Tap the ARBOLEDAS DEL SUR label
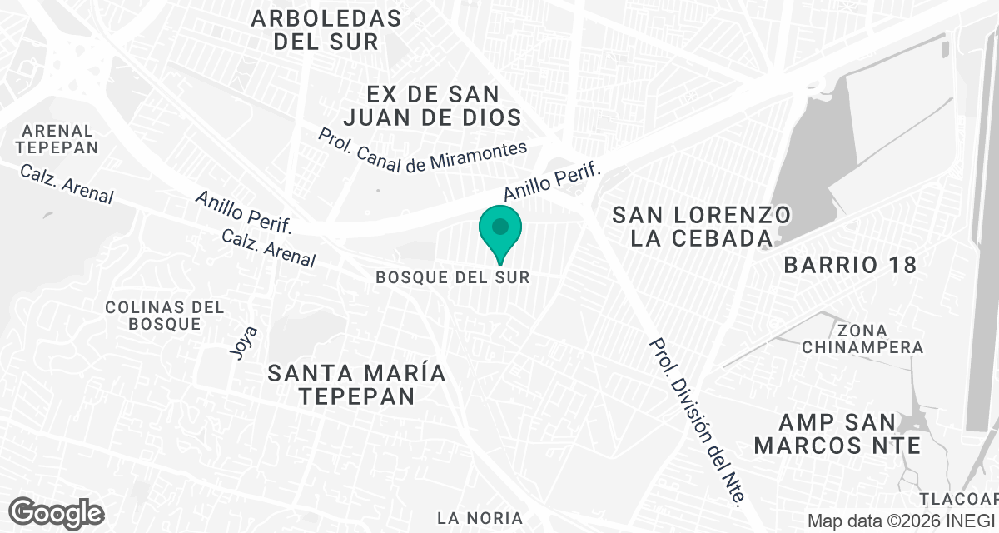(x=326, y=30)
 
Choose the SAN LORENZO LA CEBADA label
(x=702, y=227)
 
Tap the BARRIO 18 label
(x=850, y=266)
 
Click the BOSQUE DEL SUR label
(x=452, y=277)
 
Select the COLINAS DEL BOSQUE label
(x=165, y=316)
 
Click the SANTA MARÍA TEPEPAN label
(x=357, y=385)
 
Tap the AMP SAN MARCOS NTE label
(x=837, y=434)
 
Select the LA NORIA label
(x=480, y=518)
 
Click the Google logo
(x=56, y=511)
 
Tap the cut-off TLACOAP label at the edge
(x=958, y=499)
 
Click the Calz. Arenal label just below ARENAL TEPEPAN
(x=67, y=184)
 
